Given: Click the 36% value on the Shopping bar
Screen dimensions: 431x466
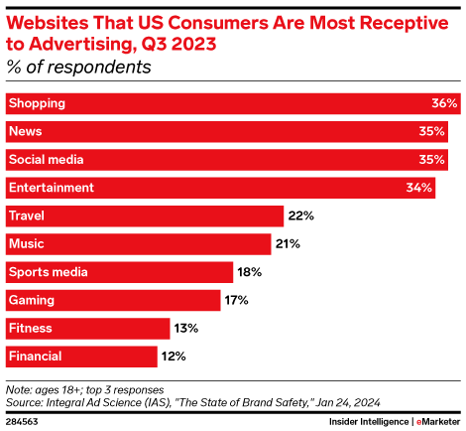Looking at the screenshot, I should [x=444, y=103].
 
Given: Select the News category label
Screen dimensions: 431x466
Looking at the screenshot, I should [x=24, y=131].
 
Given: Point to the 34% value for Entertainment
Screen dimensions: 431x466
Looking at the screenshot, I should [x=419, y=188].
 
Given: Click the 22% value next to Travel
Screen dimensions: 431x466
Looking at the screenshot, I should [x=300, y=215].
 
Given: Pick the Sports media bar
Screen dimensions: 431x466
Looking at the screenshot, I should [x=119, y=271].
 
